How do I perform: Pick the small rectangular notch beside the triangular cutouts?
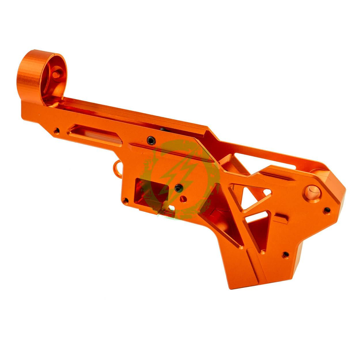tap(282, 216)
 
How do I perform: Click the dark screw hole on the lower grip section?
tap(285, 254)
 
